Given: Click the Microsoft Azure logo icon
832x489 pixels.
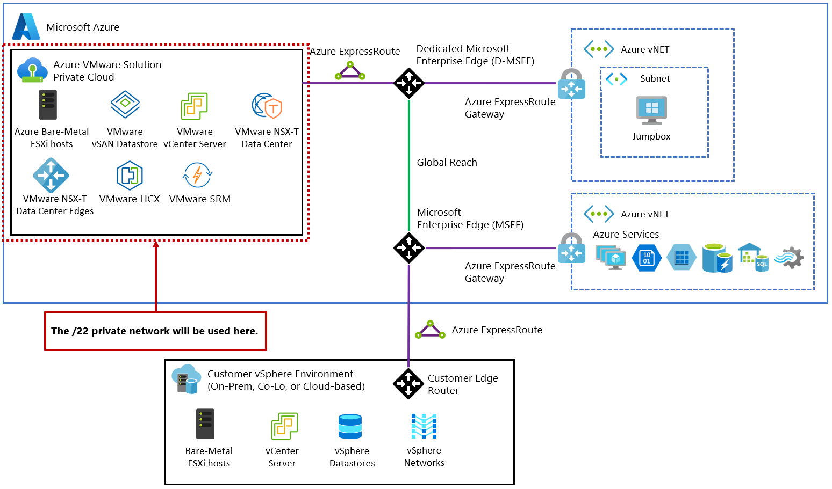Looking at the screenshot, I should pyautogui.click(x=26, y=26).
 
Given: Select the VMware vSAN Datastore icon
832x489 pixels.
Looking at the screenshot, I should pyautogui.click(x=125, y=104).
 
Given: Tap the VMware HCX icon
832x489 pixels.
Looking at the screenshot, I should pyautogui.click(x=130, y=176).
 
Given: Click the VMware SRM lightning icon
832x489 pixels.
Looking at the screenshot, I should pyautogui.click(x=198, y=175).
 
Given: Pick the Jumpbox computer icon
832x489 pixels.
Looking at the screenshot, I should pyautogui.click(x=651, y=110).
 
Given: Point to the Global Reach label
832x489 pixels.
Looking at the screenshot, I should pyautogui.click(x=447, y=163).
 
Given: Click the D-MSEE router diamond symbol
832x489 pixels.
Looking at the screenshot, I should pyautogui.click(x=409, y=83).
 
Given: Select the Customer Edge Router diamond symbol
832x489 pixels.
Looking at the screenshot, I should pyautogui.click(x=408, y=384).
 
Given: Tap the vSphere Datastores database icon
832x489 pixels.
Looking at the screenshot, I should pyautogui.click(x=350, y=427).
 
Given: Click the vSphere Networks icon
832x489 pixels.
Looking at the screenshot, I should pyautogui.click(x=424, y=426).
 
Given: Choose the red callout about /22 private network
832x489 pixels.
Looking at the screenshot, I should pyautogui.click(x=155, y=331).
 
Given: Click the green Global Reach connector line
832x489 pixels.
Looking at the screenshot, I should pyautogui.click(x=409, y=161).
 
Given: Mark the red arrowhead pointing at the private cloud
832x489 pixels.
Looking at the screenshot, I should pyautogui.click(x=156, y=244).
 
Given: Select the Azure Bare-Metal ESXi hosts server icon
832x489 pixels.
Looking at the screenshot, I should pyautogui.click(x=48, y=105).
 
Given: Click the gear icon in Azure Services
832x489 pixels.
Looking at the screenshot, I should pyautogui.click(x=790, y=258).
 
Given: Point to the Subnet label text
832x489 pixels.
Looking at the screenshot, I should pyautogui.click(x=655, y=78).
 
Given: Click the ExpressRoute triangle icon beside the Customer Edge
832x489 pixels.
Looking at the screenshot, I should pyautogui.click(x=430, y=330).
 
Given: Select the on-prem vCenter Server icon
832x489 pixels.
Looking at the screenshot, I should pyautogui.click(x=284, y=426).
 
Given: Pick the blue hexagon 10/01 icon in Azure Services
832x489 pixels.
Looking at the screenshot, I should pyautogui.click(x=647, y=258).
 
